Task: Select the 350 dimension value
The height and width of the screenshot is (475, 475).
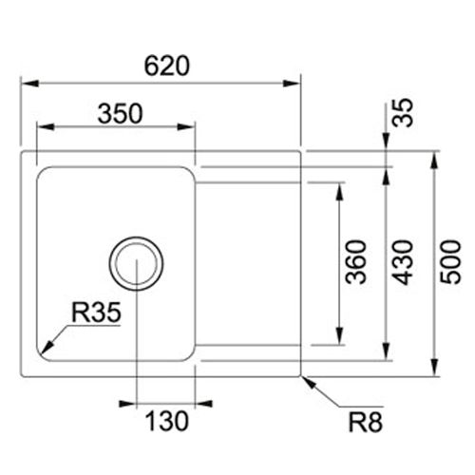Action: (x=120, y=113)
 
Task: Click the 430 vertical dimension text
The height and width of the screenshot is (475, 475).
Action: (x=403, y=263)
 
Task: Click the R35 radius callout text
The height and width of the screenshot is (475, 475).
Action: (x=94, y=312)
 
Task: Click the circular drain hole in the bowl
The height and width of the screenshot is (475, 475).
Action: (x=136, y=262)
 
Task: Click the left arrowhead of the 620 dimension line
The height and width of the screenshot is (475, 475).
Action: (x=27, y=84)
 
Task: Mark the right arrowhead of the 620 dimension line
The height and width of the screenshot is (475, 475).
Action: (x=294, y=84)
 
